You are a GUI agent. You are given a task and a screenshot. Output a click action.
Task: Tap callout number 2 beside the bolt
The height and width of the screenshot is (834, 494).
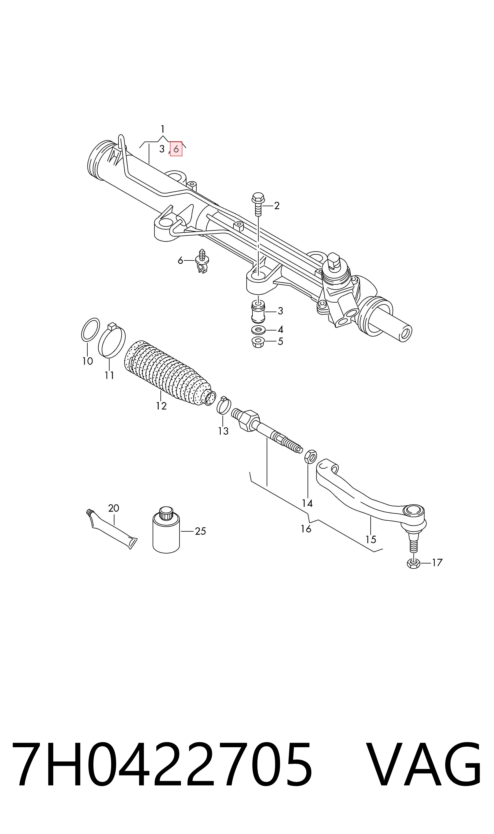click(x=277, y=206)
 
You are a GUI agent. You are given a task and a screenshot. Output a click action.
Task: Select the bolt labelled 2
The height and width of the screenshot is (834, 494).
click(x=258, y=204)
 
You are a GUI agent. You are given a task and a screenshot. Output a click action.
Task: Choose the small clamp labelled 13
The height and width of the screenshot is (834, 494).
click(x=224, y=405)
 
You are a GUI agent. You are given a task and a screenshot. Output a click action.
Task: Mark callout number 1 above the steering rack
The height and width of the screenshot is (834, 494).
click(x=162, y=129)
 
